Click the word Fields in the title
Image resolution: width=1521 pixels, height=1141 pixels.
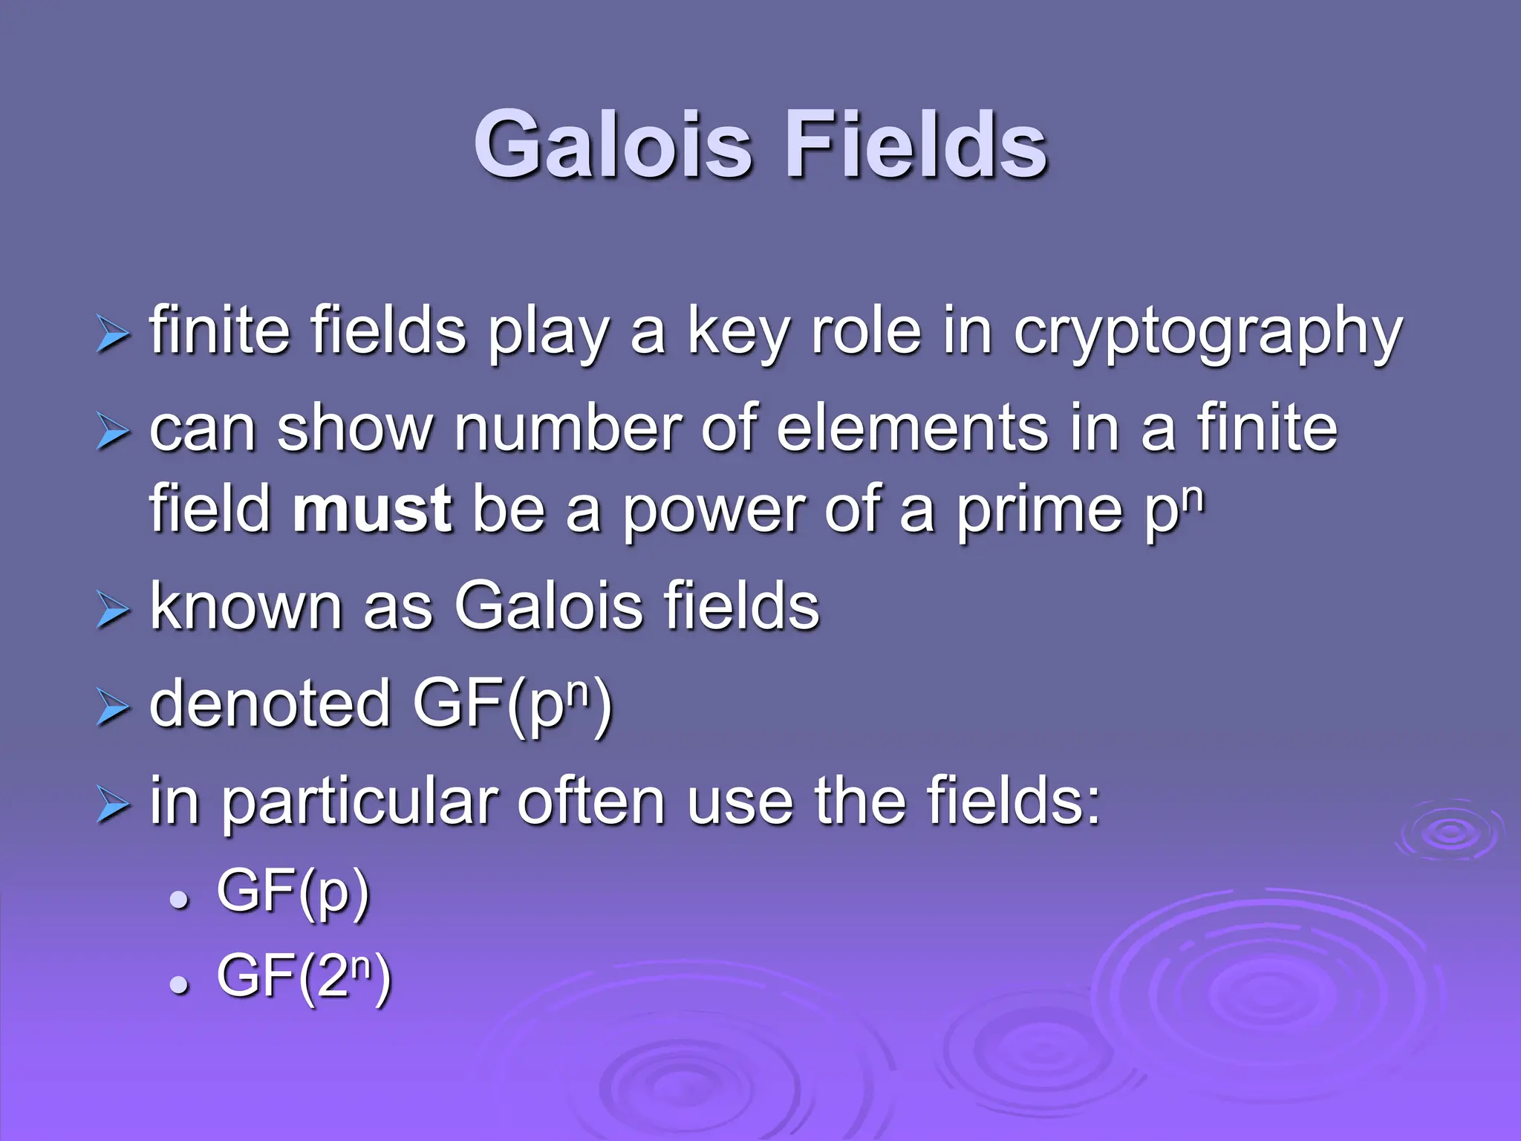point(915,145)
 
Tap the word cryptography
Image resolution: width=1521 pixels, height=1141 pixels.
point(1208,332)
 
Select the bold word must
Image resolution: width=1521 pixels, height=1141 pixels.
point(372,510)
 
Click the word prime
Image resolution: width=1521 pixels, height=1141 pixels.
point(1039,510)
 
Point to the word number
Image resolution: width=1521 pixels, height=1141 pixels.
point(567,429)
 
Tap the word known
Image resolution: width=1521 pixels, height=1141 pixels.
point(246,606)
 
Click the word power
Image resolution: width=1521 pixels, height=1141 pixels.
point(712,510)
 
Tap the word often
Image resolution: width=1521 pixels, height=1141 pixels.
point(590,802)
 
